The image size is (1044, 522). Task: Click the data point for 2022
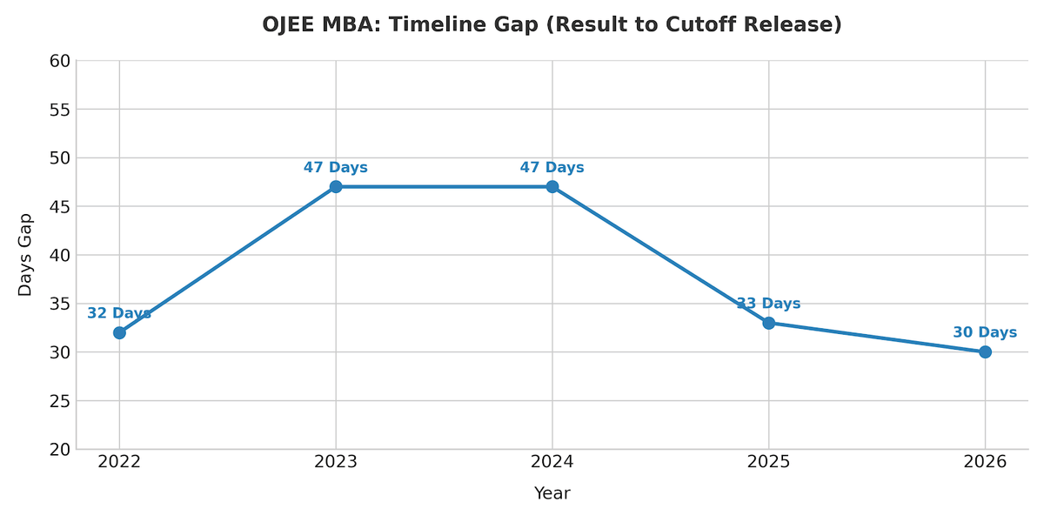tap(119, 332)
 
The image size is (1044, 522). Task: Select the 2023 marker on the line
tap(336, 187)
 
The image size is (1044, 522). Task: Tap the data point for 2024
tap(552, 187)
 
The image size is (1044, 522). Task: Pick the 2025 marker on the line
tap(768, 323)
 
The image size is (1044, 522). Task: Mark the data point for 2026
tap(985, 352)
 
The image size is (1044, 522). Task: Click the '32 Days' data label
tap(119, 313)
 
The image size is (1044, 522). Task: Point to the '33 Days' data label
tap(768, 304)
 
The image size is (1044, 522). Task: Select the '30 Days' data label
tap(985, 332)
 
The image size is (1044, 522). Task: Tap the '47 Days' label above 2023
tap(336, 168)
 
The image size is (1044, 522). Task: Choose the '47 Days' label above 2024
tap(552, 168)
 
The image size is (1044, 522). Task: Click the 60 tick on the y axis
tap(59, 61)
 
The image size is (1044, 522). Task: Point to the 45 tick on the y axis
tap(59, 207)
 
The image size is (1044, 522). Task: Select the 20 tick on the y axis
tap(59, 450)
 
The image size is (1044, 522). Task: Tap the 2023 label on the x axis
tap(336, 462)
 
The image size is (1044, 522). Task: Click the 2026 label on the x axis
tap(985, 462)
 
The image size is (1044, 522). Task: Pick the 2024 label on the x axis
tap(552, 462)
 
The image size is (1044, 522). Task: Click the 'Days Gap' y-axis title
tap(25, 255)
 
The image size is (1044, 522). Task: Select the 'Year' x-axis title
tap(552, 494)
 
